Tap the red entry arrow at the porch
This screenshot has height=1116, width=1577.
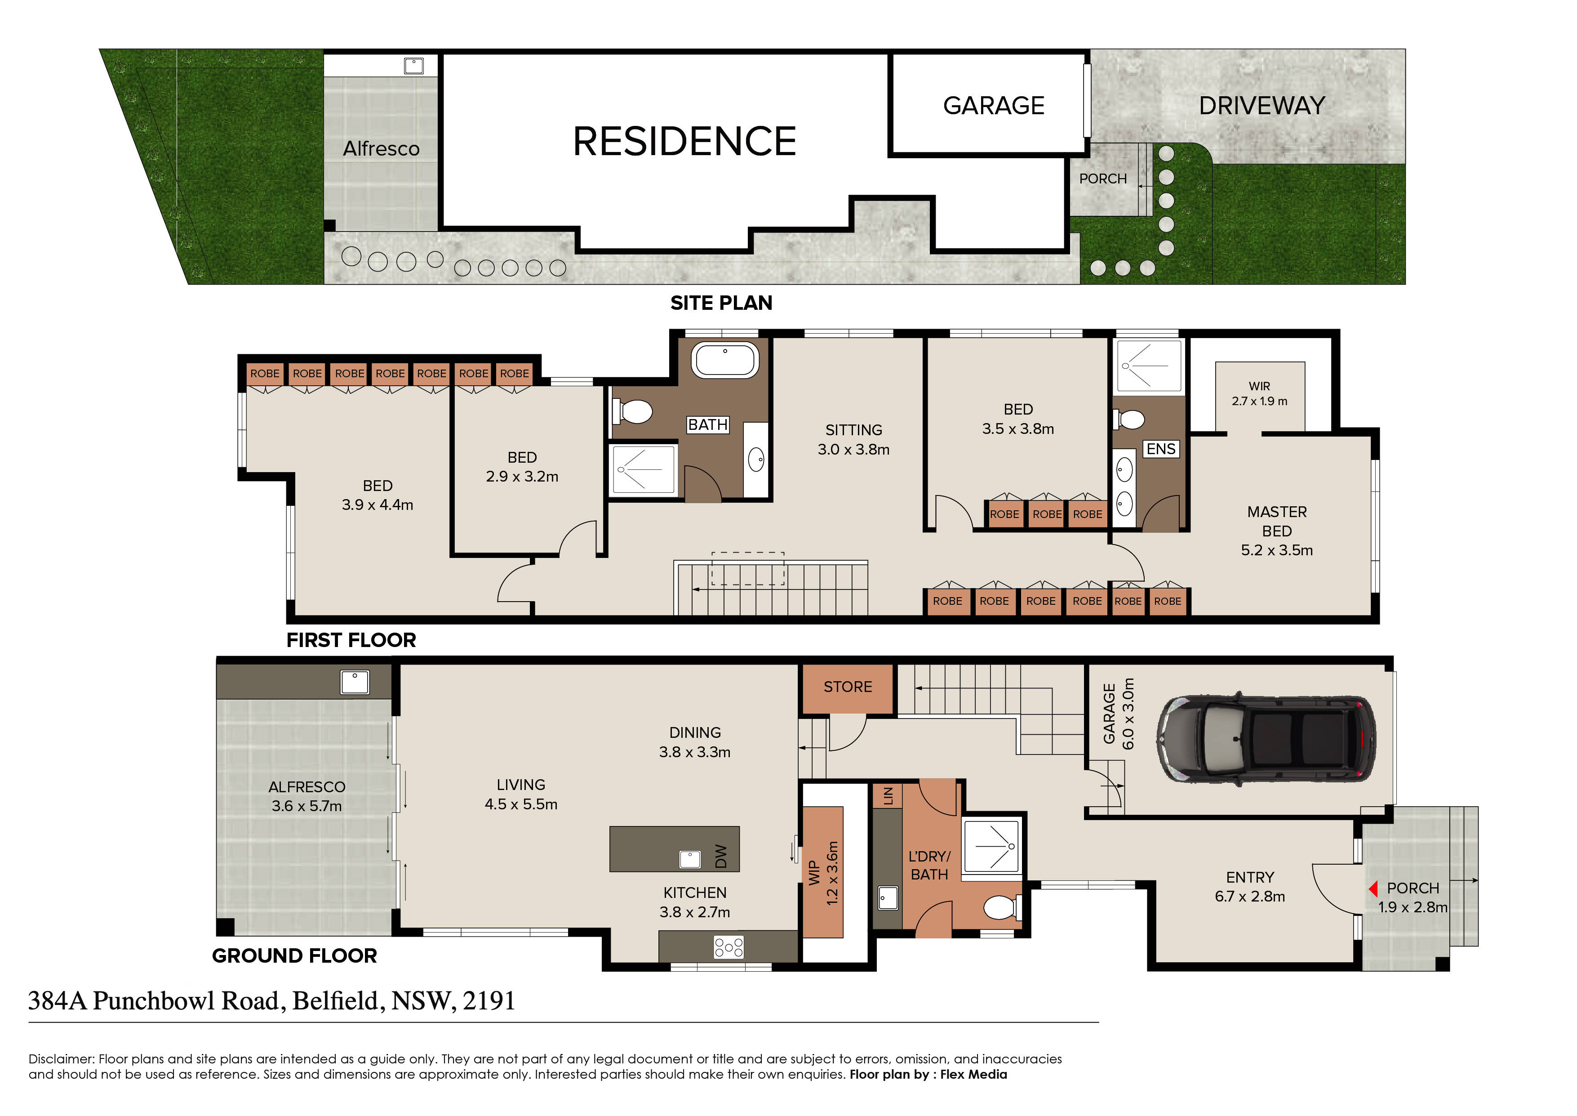coord(1373,888)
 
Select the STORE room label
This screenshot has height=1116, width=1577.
coord(848,687)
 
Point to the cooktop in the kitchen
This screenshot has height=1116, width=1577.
coord(729,948)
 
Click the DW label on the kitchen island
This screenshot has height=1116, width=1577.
coord(720,856)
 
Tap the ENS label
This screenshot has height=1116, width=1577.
coord(1161,449)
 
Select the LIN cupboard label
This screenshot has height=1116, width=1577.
coord(888,796)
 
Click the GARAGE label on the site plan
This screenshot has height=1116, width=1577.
coord(993,105)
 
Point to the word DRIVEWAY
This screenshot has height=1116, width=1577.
coord(1262,105)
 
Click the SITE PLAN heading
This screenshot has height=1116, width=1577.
coord(721,303)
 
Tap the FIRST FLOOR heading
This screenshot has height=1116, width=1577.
coord(351,640)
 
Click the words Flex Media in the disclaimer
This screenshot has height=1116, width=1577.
coord(973,1074)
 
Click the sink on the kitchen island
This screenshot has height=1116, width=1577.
coord(689,859)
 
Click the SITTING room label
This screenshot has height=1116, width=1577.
coord(854,430)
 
